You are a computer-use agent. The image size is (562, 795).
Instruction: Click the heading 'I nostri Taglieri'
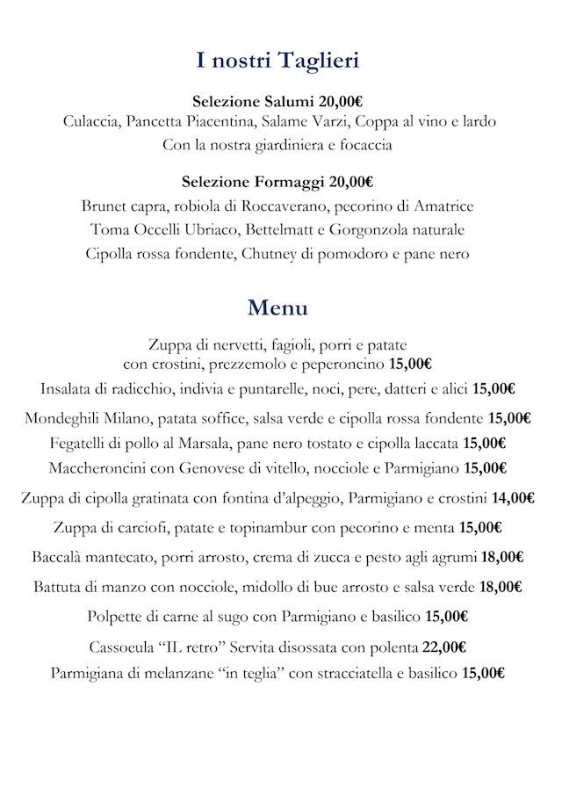tap(277, 61)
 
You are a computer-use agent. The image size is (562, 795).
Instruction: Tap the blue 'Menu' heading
tap(277, 308)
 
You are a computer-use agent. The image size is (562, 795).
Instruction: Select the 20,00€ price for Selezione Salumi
tap(342, 101)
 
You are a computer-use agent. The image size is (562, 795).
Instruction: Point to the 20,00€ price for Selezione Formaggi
tap(351, 183)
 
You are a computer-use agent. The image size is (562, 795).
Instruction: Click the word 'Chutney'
tap(262, 254)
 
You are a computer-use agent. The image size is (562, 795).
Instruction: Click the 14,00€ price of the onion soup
tap(513, 499)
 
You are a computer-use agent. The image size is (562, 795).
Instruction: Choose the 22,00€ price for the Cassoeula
tap(443, 648)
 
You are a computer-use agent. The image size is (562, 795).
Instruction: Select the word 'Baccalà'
tap(59, 557)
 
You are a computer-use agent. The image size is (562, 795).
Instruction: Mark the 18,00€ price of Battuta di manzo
tap(501, 587)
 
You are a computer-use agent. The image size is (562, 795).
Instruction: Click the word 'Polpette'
tap(116, 617)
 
